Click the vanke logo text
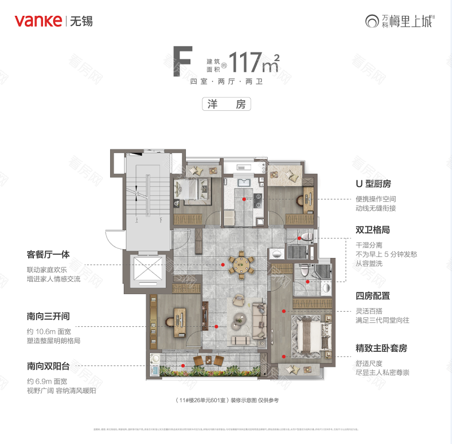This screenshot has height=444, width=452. [38, 21]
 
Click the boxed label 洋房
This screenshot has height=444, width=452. [226, 104]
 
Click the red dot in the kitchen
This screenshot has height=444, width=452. [244, 199]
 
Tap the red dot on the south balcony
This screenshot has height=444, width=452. [181, 366]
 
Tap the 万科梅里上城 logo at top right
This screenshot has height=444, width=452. [401, 21]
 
